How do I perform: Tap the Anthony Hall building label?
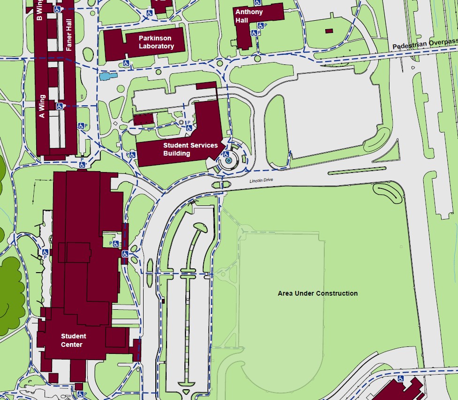tap(249, 16)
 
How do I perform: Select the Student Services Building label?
tap(190, 149)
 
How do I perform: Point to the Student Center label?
tap(73, 340)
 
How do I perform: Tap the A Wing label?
tap(42, 106)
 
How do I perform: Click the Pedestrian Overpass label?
tap(425, 44)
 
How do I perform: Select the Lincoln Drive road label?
tap(261, 180)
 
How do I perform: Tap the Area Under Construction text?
tap(318, 293)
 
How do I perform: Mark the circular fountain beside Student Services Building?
tap(229, 161)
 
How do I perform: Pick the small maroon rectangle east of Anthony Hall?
tap(329, 31)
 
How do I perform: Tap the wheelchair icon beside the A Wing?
tap(60, 106)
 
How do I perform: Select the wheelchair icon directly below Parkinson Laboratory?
tap(126, 63)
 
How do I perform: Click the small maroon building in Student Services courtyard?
tap(144, 119)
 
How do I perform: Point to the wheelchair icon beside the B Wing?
tap(57, 9)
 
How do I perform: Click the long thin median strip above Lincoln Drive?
tap(357, 169)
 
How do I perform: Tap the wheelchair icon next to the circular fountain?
tap(226, 154)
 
